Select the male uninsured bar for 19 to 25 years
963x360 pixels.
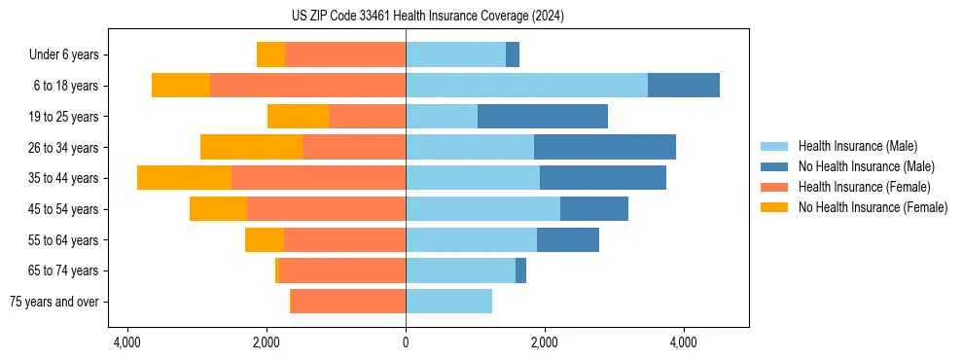543,117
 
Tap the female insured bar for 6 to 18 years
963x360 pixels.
307,86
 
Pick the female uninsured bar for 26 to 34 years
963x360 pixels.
251,148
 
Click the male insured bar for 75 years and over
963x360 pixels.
448,302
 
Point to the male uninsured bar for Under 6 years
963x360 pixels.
513,55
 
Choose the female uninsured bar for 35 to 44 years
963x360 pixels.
184,178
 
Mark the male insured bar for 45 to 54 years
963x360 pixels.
482,209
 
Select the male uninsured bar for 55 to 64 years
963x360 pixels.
568,240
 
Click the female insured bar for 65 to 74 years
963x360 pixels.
342,270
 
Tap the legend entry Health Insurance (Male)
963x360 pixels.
857,146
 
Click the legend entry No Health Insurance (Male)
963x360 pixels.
866,166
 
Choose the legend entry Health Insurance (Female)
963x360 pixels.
864,187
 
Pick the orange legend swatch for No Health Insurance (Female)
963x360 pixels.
774,207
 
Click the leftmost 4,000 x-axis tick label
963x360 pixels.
128,342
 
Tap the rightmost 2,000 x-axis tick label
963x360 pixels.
544,342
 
